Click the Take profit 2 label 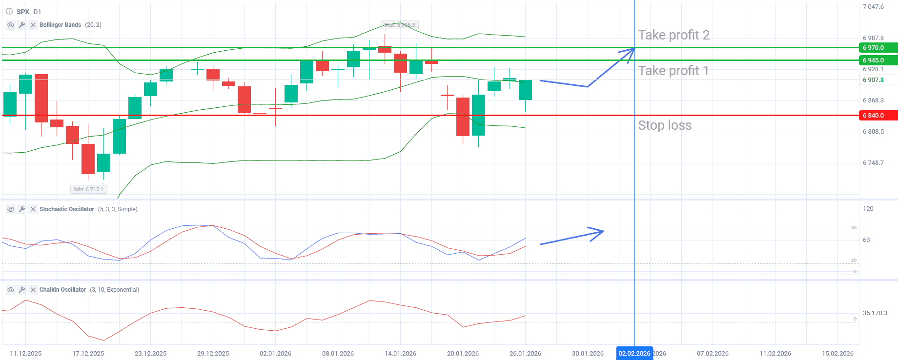pos(673,35)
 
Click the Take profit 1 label pos(673,71)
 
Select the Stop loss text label pos(665,125)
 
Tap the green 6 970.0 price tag pos(878,48)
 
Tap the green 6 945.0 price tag pos(878,60)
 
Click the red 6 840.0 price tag pos(878,116)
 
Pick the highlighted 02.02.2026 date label pos(634,353)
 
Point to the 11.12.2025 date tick pos(26,353)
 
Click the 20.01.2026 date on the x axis pos(463,353)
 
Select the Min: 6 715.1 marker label pos(88,189)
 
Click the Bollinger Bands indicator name pos(60,25)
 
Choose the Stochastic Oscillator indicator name pos(66,209)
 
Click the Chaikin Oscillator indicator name pos(62,290)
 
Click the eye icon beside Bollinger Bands pos(11,25)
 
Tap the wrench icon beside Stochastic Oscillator pos(22,209)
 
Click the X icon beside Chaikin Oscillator pos(33,290)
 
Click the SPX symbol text pos(23,12)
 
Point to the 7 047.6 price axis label pos(873,7)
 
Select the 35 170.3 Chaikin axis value pos(875,313)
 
